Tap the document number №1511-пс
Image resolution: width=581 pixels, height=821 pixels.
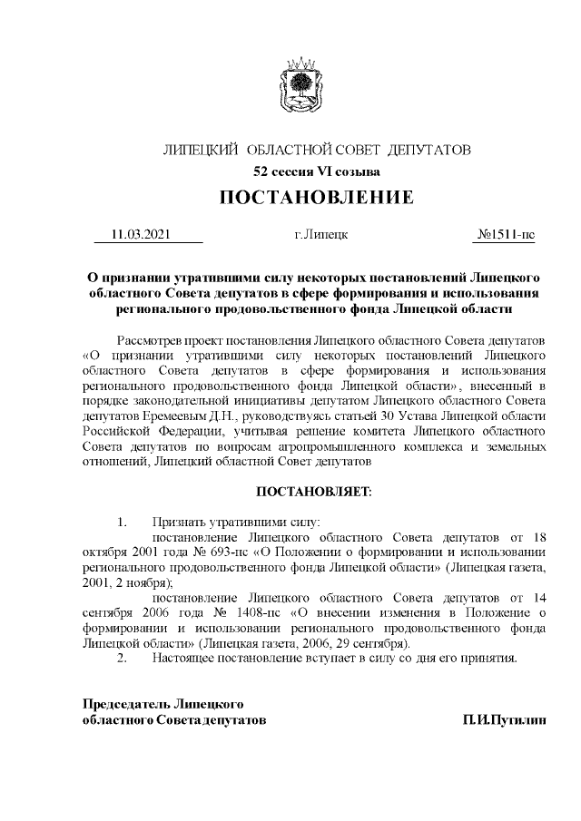coord(506,235)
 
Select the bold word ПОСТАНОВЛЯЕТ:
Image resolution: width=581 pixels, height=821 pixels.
coord(317,491)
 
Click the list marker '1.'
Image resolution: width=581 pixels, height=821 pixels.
coord(122,522)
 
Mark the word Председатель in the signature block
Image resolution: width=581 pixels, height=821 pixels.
coord(127,704)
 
